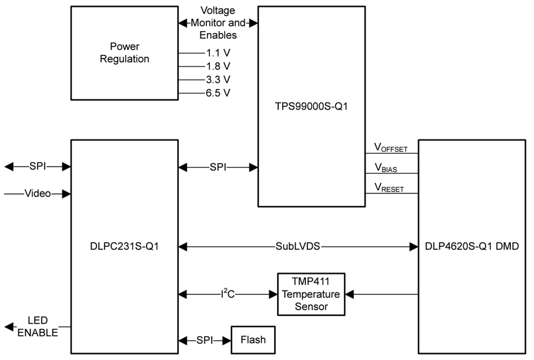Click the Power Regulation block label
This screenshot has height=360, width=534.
pos(124,53)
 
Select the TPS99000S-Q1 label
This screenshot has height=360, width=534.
pos(311,107)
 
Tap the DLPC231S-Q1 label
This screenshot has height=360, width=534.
pos(124,247)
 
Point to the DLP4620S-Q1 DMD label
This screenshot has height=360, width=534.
pos(472,247)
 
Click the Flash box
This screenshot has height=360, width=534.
pos(253,340)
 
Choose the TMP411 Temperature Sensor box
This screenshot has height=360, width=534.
pos(311,294)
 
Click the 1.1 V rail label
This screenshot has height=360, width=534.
pos(215,53)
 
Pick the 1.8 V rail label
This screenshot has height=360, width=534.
pos(215,66)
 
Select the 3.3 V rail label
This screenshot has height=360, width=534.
pos(215,79)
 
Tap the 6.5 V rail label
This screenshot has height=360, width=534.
pos(215,93)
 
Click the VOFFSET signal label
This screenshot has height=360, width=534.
pos(390,147)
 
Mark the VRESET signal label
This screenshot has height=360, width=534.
pos(388,188)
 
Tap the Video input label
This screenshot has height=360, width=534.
pos(37,194)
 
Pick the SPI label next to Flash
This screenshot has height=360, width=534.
pos(205,340)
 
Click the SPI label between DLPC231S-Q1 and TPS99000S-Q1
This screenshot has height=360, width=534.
pos(218,167)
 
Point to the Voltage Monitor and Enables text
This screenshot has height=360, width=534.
pos(218,23)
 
